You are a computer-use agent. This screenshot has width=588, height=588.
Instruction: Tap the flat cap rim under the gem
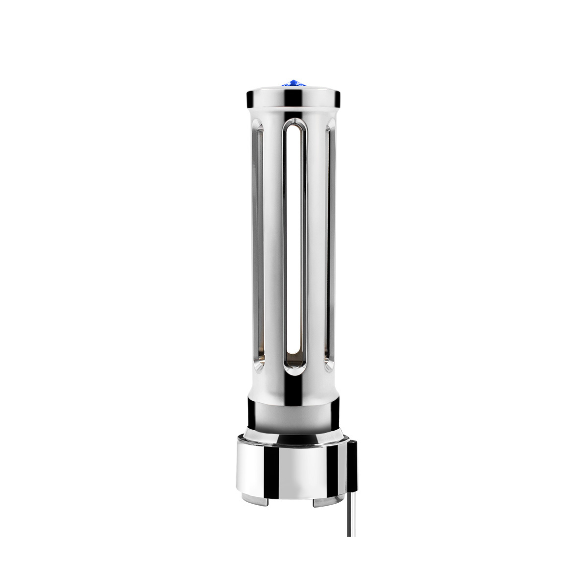click(x=265, y=98)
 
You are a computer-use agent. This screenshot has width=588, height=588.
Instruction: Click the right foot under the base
click(x=329, y=502)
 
